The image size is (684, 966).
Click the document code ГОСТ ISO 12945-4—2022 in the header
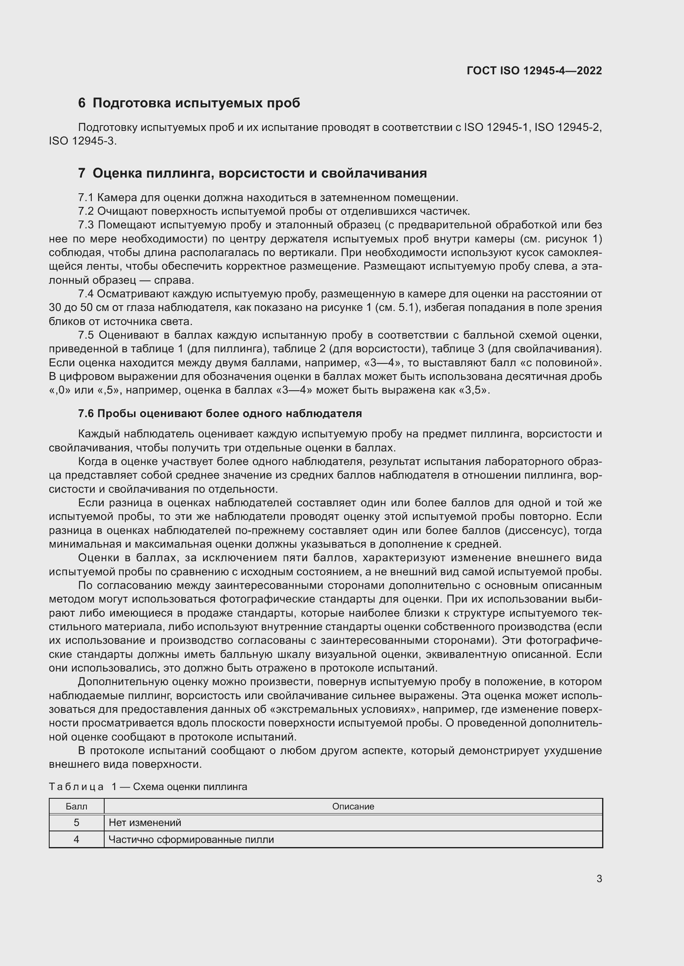[x=534, y=71]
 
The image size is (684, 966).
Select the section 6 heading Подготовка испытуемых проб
[x=189, y=103]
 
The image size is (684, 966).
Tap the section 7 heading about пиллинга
[x=252, y=173]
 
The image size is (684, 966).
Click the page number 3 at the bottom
[x=599, y=879]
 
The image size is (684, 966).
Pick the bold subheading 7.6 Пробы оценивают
[x=220, y=413]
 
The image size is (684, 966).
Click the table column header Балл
[x=77, y=807]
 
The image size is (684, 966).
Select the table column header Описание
[x=353, y=807]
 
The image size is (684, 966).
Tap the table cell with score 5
[x=77, y=823]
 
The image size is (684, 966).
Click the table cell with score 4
[x=77, y=839]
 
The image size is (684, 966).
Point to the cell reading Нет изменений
[x=145, y=823]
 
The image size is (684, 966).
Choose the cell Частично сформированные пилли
[x=191, y=839]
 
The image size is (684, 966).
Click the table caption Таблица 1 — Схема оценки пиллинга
[x=148, y=787]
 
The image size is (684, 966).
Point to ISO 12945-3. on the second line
[x=83, y=141]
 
